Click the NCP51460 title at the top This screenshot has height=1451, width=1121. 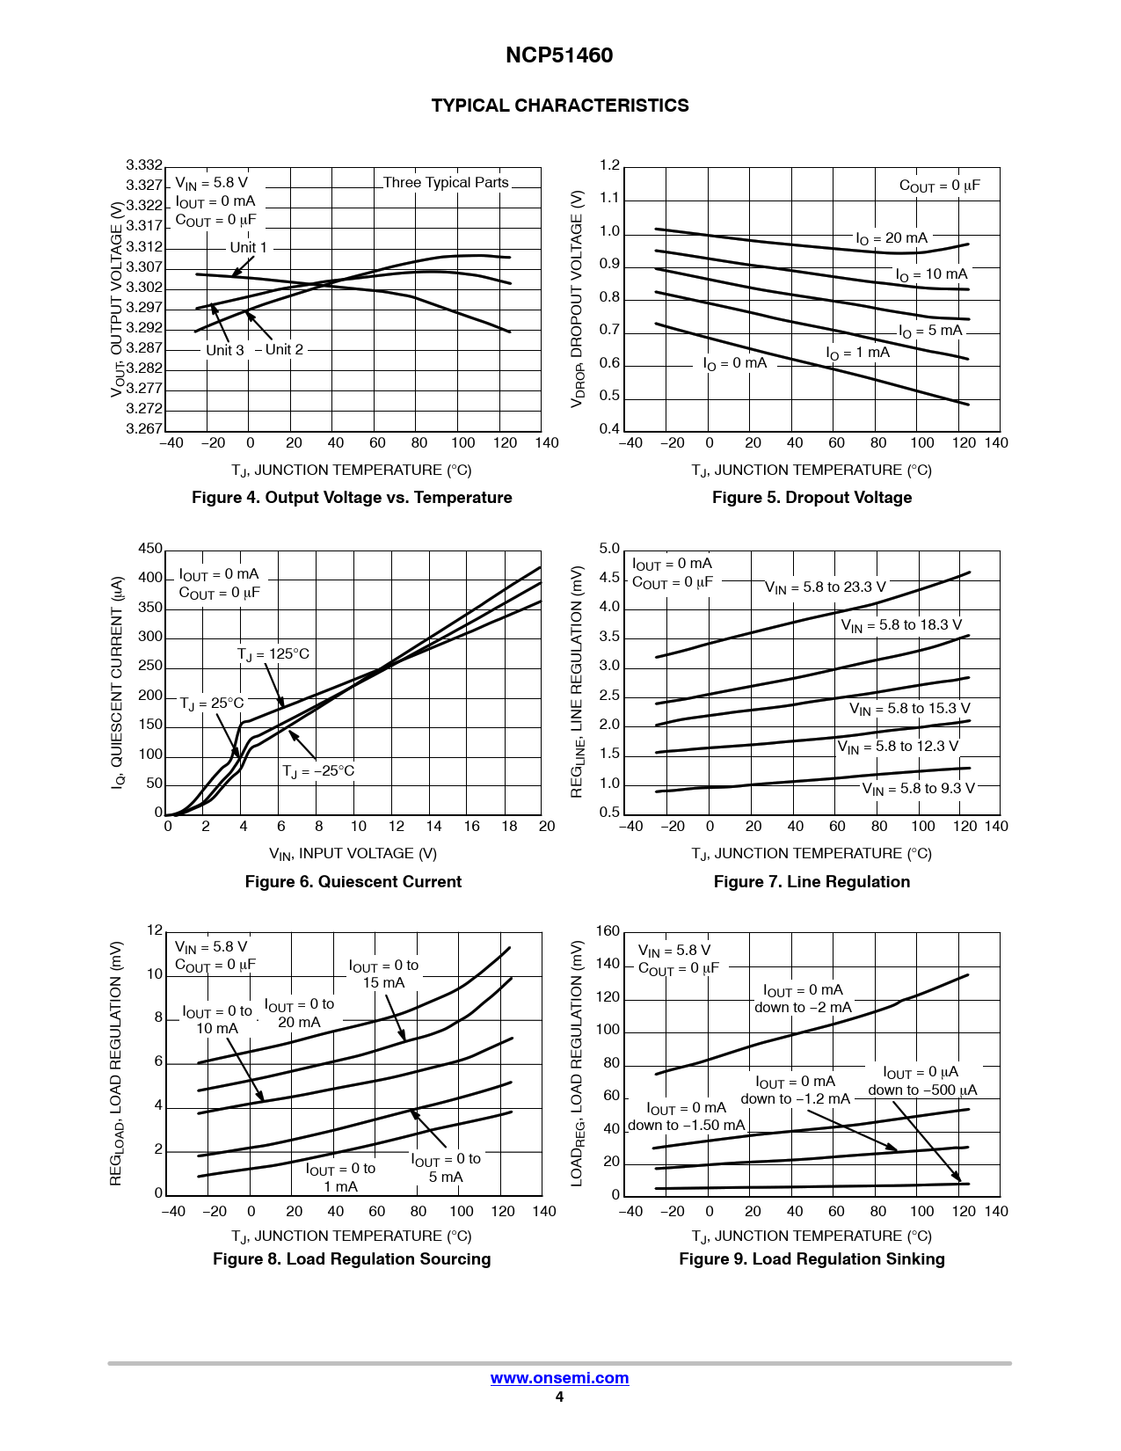[559, 55]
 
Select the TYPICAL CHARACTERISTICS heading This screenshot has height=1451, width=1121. [560, 106]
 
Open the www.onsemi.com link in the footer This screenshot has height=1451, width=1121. [559, 1378]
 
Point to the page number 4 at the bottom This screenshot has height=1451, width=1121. [559, 1397]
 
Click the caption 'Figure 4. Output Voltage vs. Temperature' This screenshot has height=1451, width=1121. [352, 498]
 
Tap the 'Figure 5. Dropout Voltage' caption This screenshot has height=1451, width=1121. [812, 498]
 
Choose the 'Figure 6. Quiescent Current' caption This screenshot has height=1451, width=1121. [353, 882]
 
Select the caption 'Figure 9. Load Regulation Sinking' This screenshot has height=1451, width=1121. [812, 1259]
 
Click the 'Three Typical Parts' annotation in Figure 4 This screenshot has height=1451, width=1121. [446, 183]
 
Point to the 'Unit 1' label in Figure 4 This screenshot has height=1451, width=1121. [248, 248]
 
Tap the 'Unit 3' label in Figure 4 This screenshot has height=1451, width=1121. [225, 350]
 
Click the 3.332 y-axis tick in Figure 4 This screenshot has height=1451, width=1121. [144, 165]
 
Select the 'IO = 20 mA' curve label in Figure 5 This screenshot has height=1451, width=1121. [892, 238]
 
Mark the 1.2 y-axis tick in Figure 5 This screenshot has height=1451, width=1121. [609, 165]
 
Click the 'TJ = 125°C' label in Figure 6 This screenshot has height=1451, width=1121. [273, 654]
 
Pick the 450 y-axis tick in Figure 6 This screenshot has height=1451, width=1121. [150, 549]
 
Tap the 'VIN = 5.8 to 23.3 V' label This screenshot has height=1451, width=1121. [825, 587]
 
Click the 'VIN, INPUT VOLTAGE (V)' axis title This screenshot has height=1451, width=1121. [353, 854]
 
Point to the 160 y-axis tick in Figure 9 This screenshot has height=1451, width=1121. [608, 931]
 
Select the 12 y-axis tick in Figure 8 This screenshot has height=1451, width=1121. [155, 930]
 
